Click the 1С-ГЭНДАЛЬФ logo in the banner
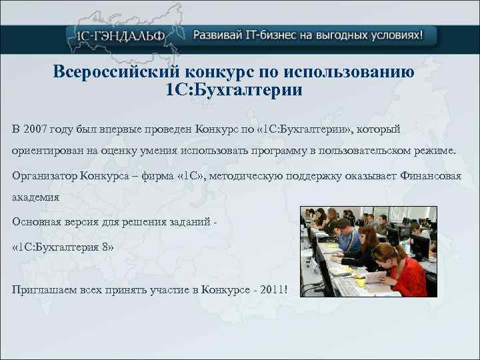tap(117, 35)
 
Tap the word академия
tap(36, 197)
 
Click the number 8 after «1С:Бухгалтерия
tap(105, 247)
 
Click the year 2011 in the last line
tap(273, 288)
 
